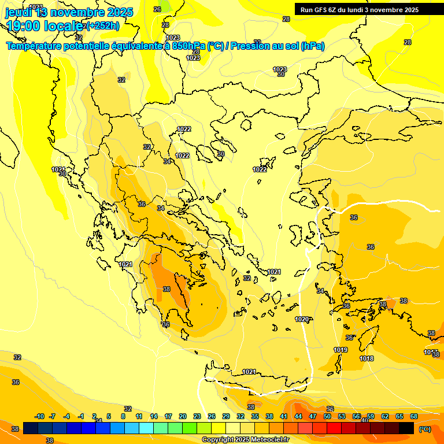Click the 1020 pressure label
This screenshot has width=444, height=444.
point(302,319)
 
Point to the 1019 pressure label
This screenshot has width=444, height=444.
point(341,350)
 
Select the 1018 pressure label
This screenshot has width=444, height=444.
point(367,358)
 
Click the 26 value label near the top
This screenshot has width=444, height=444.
point(157,9)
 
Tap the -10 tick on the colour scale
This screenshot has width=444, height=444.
point(39,416)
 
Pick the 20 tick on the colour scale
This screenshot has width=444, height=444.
point(183,416)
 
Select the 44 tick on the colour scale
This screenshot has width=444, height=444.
point(298,416)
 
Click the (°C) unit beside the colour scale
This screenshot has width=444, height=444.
point(425,429)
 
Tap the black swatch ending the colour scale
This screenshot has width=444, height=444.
point(406,428)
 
